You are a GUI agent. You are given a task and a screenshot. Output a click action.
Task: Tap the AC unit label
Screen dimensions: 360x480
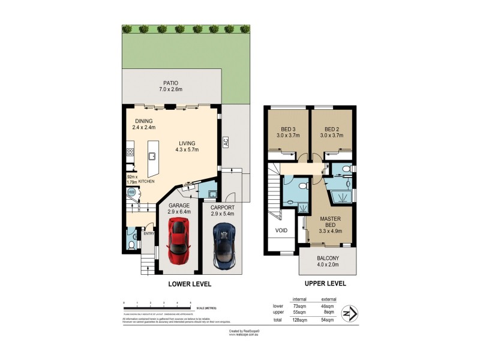click(x=226, y=142)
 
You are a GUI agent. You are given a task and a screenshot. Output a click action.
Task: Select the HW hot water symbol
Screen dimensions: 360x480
click(x=131, y=192)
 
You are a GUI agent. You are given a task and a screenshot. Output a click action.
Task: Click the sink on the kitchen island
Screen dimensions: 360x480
click(x=152, y=156)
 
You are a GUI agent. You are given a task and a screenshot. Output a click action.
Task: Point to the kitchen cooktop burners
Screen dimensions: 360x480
click(x=129, y=153)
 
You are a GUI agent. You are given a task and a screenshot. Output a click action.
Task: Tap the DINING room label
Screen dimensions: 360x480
click(x=143, y=121)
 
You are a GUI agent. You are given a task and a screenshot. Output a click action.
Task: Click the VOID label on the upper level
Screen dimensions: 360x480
click(x=282, y=230)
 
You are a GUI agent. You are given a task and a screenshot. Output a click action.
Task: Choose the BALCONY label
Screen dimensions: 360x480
click(x=328, y=259)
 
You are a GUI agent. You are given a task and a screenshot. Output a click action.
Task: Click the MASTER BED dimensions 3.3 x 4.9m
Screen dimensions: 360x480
click(x=330, y=230)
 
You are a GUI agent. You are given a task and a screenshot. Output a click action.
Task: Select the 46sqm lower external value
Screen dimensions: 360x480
click(x=329, y=306)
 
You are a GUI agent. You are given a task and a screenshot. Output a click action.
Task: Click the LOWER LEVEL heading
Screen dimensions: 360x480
click(x=189, y=284)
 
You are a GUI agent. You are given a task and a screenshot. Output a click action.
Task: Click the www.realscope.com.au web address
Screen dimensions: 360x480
click(x=244, y=335)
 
